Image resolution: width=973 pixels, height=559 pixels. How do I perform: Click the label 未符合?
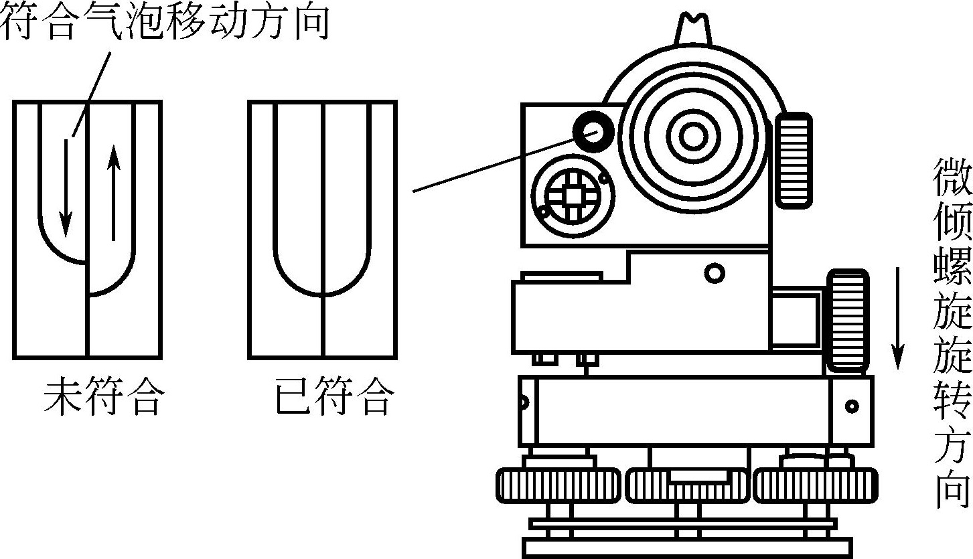coord(102,398)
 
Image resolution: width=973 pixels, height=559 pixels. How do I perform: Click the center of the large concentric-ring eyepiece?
coord(693,136)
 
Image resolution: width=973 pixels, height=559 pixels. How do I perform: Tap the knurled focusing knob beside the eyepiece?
coord(795,161)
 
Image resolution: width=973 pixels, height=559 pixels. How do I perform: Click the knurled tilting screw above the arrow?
coord(847,320)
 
